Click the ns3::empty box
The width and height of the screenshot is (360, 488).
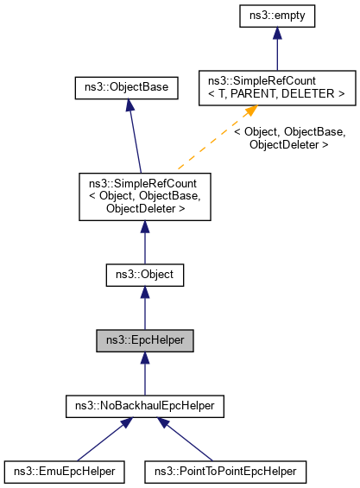tap(276, 15)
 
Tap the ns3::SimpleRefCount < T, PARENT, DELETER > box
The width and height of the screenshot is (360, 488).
tap(276, 87)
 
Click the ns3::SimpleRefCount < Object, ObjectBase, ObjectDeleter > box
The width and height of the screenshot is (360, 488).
tap(144, 195)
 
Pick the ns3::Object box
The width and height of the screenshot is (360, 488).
tap(144, 275)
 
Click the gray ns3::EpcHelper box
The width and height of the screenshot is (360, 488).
tap(144, 340)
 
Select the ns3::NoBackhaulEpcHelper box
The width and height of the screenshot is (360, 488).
tap(144, 405)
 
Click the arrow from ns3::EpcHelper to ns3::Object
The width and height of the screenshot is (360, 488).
tap(144, 309)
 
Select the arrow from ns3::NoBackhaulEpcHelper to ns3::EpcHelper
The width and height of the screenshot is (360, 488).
tap(144, 374)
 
